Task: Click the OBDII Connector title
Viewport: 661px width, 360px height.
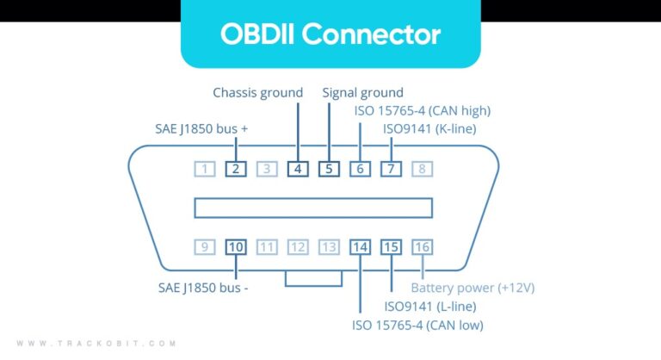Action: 330,34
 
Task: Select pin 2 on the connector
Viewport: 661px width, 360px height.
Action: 235,168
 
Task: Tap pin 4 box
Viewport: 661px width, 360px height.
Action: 297,168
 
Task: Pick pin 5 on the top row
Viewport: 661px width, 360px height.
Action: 328,168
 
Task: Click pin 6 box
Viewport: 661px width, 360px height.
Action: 360,168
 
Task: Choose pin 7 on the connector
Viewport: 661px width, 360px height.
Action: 391,168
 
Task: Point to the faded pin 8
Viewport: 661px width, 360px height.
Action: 422,168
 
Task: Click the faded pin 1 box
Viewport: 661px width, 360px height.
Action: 204,168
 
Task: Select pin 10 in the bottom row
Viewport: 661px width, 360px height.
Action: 235,247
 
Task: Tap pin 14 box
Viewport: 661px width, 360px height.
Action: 360,247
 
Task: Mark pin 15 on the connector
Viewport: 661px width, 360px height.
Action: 391,247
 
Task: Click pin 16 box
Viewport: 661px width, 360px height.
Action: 422,247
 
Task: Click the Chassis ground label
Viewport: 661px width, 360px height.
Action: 258,92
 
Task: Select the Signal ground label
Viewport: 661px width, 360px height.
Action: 362,92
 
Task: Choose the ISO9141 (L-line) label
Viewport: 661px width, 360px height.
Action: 431,306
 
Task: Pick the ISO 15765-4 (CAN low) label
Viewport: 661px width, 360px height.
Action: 417,325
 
